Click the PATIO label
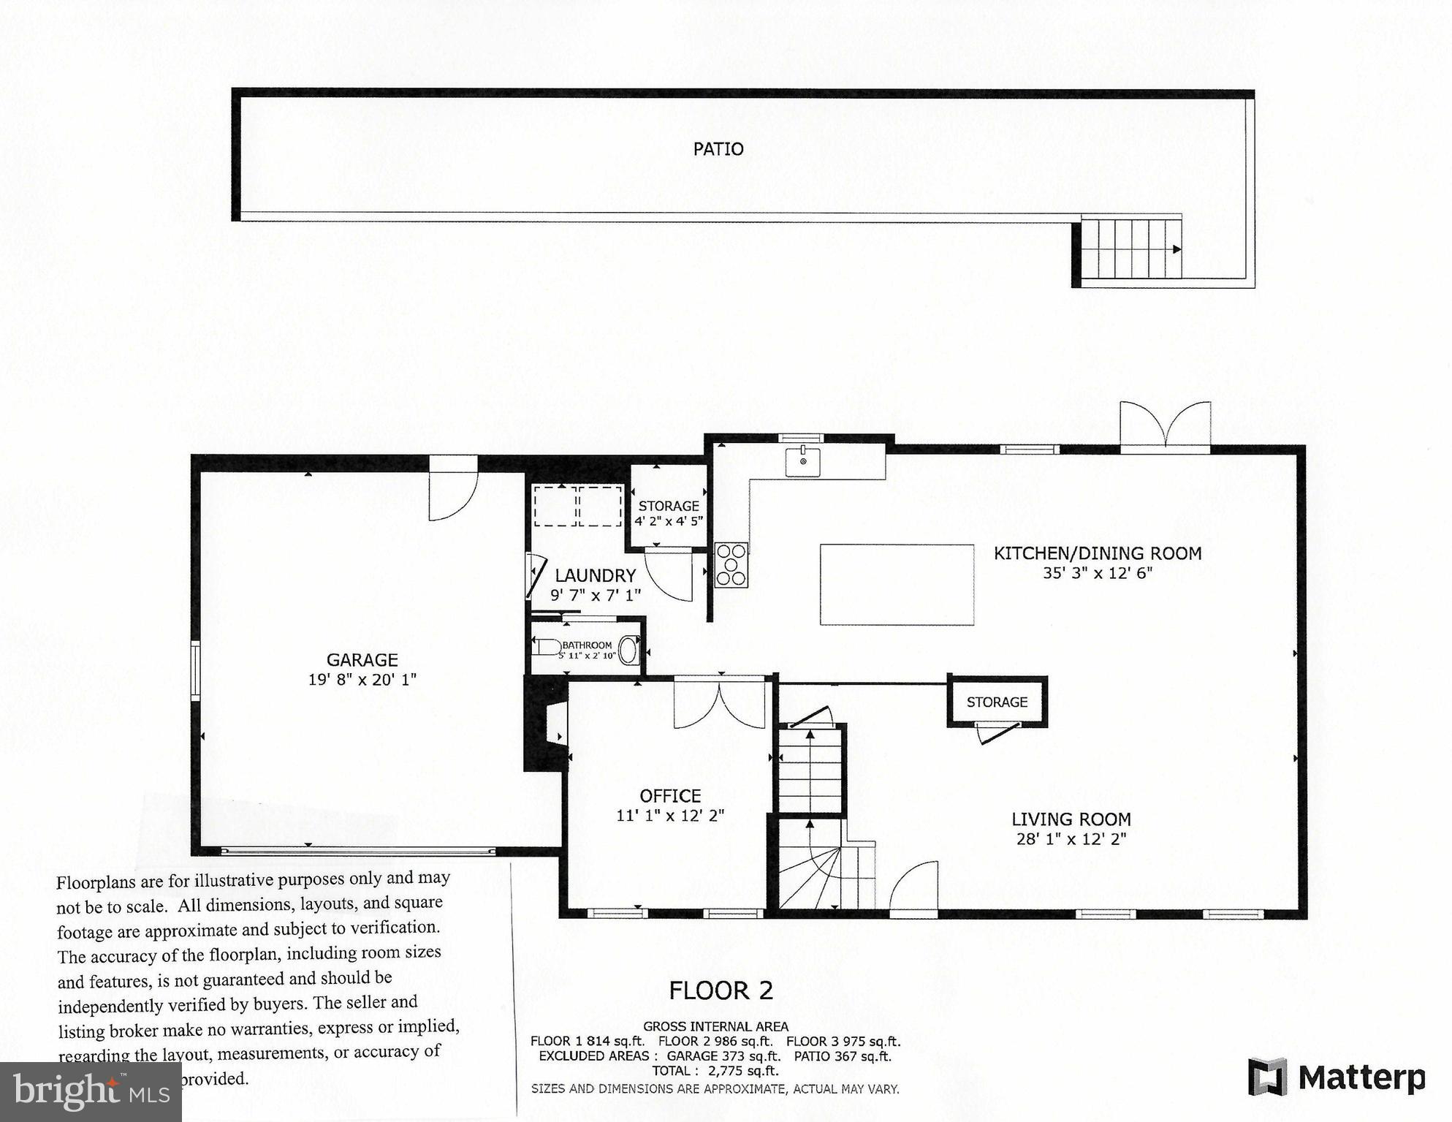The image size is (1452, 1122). (x=718, y=149)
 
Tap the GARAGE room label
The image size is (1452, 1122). (x=362, y=660)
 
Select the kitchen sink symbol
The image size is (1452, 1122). (x=802, y=462)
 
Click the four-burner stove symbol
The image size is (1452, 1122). (x=731, y=564)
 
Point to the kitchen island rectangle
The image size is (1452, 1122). (x=897, y=585)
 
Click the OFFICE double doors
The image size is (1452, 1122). (x=720, y=704)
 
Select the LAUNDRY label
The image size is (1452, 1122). (x=595, y=576)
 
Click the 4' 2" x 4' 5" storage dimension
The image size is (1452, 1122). (x=668, y=521)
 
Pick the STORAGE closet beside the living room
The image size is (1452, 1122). (x=997, y=702)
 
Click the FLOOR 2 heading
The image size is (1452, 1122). (x=721, y=990)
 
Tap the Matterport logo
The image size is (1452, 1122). (x=1337, y=1077)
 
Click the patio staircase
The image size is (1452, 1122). (x=1131, y=249)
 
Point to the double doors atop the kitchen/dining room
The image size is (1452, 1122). (x=1165, y=428)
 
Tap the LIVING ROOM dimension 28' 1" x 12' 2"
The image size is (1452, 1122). (x=1071, y=839)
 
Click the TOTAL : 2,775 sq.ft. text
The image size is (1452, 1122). (x=715, y=1071)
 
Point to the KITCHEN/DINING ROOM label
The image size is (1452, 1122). (x=1097, y=553)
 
